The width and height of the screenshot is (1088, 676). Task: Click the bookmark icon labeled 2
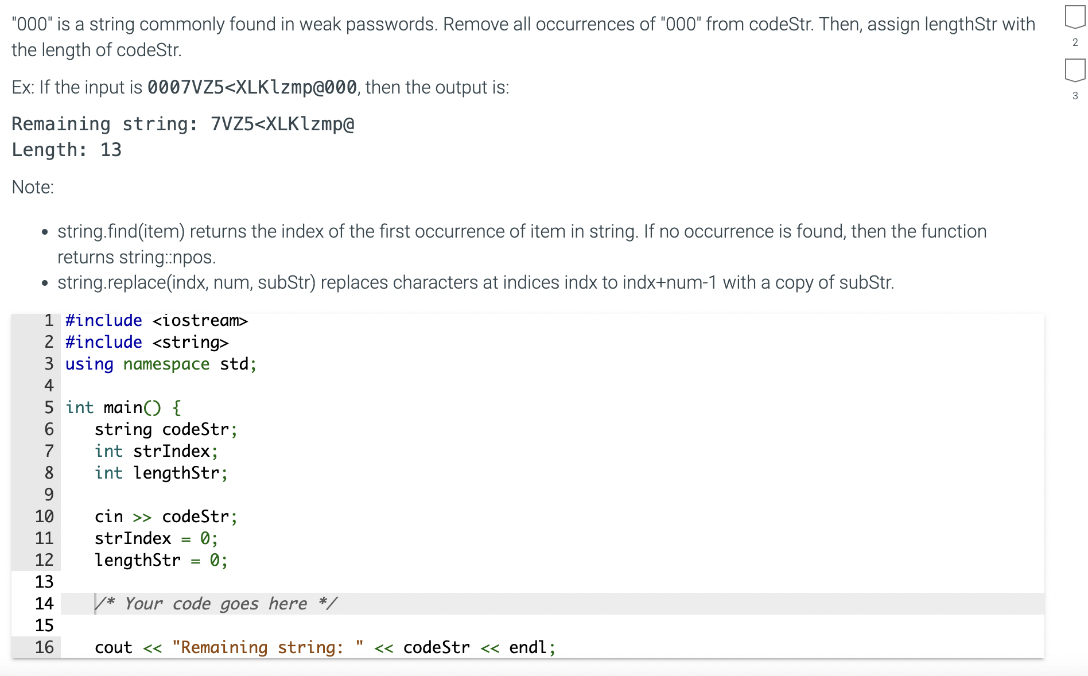(x=1074, y=17)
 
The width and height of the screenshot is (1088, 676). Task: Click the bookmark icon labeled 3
(x=1074, y=70)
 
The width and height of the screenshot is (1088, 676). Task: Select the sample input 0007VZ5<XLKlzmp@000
(x=252, y=87)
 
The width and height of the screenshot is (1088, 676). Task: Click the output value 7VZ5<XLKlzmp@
(x=282, y=124)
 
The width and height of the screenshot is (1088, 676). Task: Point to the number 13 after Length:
(x=111, y=150)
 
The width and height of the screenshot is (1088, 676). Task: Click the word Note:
(x=33, y=187)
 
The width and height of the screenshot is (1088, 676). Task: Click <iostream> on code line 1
(x=200, y=320)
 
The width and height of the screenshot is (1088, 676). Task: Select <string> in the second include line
(x=191, y=342)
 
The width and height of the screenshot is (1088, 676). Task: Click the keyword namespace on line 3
(x=166, y=364)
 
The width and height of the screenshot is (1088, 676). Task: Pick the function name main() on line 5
(x=132, y=407)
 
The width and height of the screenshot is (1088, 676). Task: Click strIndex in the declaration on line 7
(x=171, y=451)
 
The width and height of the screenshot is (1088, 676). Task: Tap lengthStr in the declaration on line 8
(x=176, y=473)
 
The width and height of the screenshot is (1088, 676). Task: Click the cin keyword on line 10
(x=108, y=516)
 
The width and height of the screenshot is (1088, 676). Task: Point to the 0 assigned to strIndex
(x=205, y=538)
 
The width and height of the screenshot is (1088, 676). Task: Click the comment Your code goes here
(x=216, y=604)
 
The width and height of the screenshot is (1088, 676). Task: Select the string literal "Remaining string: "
(x=268, y=647)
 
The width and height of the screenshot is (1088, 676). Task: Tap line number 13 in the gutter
(x=44, y=582)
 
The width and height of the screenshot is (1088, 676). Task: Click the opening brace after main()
(x=177, y=407)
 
